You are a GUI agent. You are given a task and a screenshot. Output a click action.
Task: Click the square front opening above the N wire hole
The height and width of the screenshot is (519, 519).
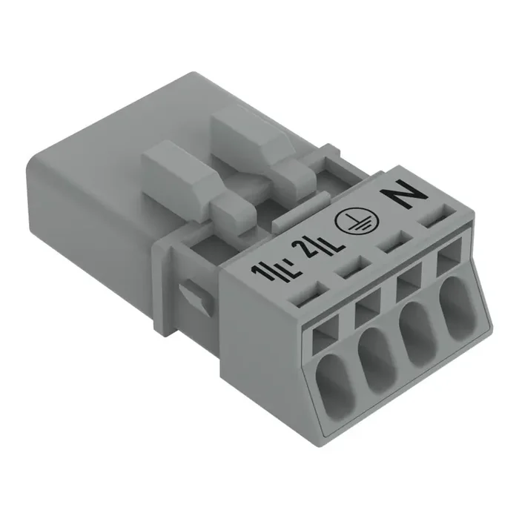point(447,262)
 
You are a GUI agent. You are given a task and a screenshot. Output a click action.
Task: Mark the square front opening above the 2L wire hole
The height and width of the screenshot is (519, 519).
point(365,313)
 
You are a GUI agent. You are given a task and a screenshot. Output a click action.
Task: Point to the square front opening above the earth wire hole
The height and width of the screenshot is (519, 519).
point(406,288)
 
